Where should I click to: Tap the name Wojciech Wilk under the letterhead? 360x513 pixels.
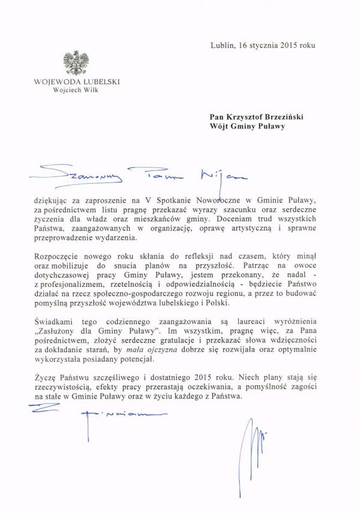[x=76, y=91]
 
